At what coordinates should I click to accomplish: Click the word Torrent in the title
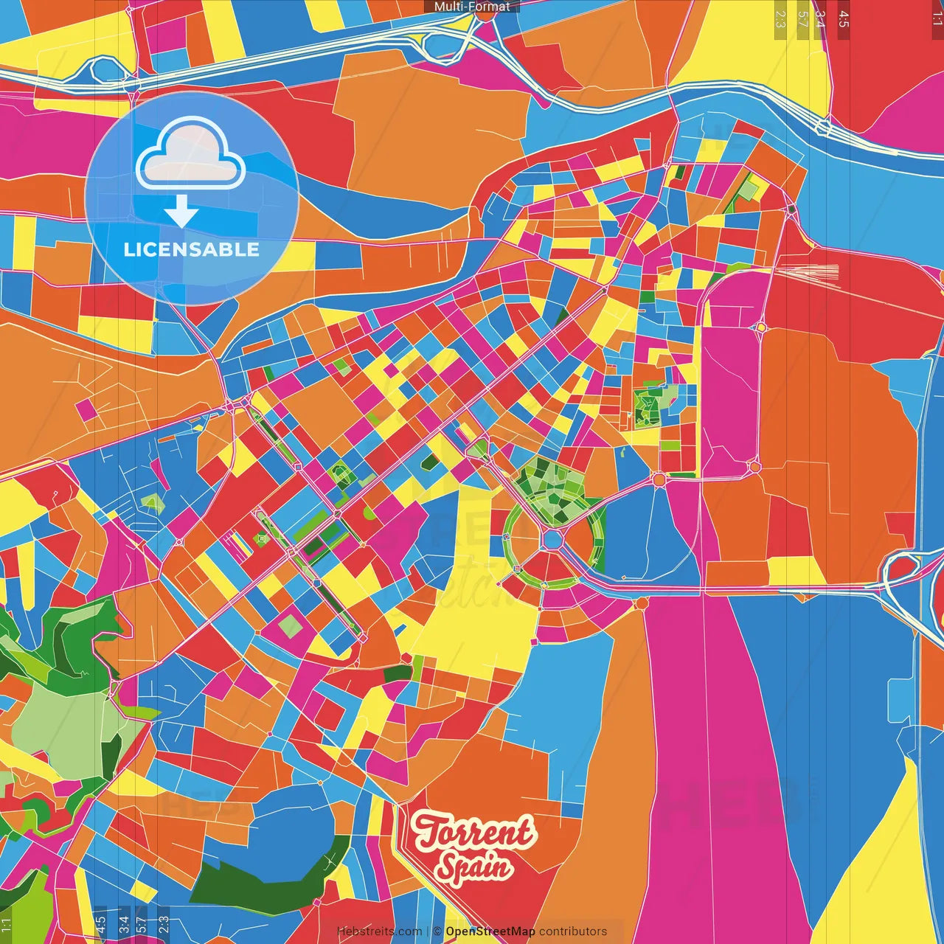[474, 832]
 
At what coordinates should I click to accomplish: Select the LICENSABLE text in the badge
[192, 249]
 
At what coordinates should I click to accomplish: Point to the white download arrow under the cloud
[181, 212]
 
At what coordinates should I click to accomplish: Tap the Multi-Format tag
[471, 7]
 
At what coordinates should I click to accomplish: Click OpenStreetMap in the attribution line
[490, 931]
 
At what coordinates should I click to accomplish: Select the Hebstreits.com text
[379, 931]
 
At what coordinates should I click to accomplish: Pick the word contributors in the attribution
[572, 931]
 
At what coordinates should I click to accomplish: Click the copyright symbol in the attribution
[437, 931]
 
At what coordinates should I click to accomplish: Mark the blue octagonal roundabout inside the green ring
[552, 539]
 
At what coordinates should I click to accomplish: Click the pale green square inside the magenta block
[291, 626]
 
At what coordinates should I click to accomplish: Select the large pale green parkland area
[59, 726]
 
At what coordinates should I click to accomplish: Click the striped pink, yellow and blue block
[237, 544]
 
